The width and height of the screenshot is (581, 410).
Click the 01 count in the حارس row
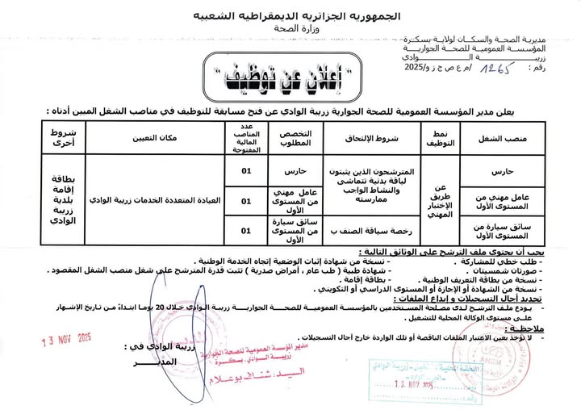pyautogui.click(x=246, y=172)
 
